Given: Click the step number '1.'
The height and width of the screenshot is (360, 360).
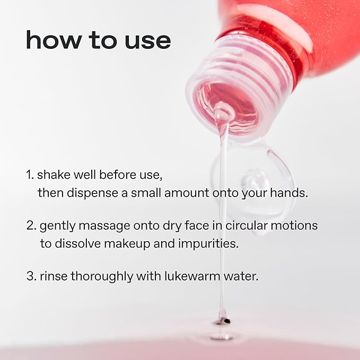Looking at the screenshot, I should click(30, 174).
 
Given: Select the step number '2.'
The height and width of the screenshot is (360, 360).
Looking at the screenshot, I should click(32, 225).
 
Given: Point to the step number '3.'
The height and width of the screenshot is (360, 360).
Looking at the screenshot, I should click(31, 276).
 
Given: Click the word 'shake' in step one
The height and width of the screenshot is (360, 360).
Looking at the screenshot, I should click(52, 174).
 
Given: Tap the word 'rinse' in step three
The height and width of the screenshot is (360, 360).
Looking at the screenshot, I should click(52, 276).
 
